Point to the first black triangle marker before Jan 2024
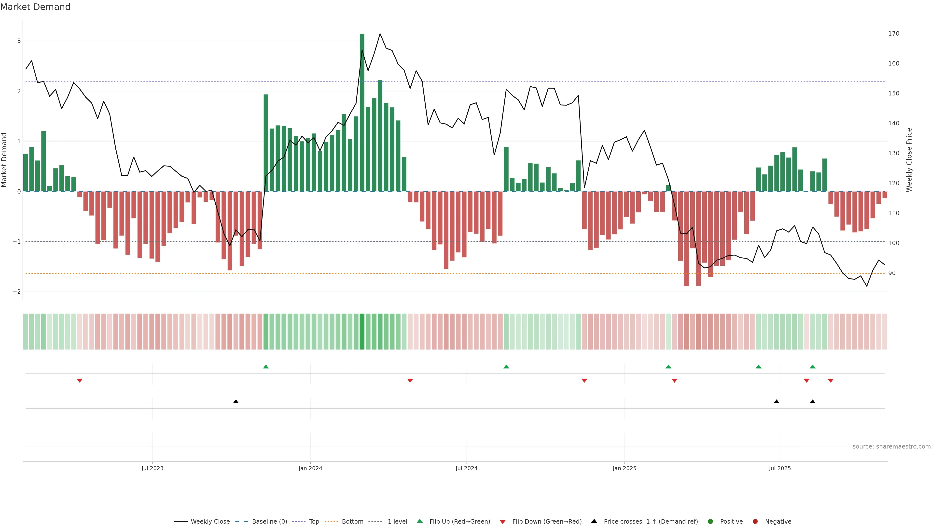[236, 402]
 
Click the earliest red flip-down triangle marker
[79, 381]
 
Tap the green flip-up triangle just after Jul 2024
[506, 367]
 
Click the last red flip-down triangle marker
[831, 381]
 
